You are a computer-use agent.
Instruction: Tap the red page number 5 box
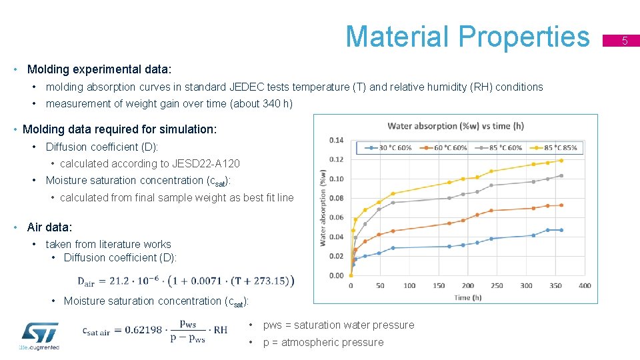click(x=625, y=41)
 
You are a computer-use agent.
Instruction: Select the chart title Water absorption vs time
click(x=455, y=126)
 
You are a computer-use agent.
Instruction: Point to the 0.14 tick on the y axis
click(x=336, y=140)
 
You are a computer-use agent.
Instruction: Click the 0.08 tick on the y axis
click(x=336, y=198)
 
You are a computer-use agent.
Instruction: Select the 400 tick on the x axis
click(x=585, y=285)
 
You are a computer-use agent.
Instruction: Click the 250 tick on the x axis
click(x=497, y=285)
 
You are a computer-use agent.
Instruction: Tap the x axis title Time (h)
click(x=467, y=297)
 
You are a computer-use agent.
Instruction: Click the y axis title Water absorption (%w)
click(x=323, y=207)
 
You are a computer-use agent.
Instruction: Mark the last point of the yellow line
click(x=561, y=160)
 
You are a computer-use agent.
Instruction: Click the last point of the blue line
click(x=561, y=230)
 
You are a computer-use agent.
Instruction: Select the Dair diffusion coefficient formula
click(x=186, y=281)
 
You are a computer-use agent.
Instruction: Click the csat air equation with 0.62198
click(x=155, y=329)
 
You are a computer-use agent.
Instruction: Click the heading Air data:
click(x=49, y=227)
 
